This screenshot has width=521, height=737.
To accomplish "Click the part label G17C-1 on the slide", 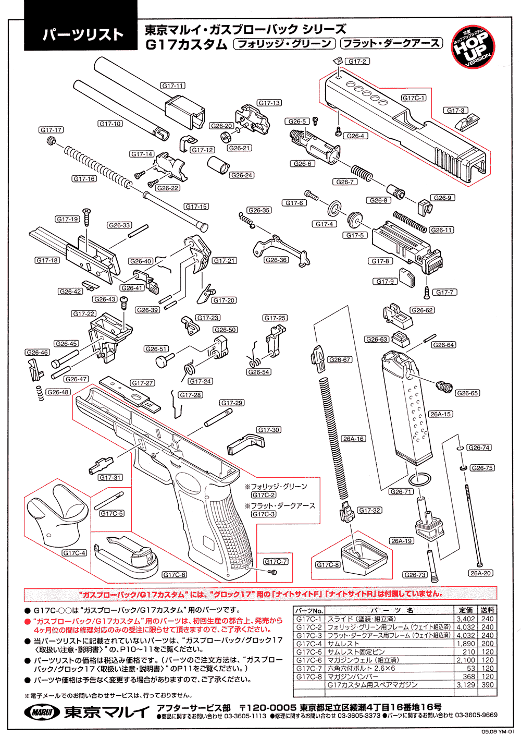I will pos(414,98).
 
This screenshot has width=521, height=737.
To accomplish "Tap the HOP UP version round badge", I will pos(473,48).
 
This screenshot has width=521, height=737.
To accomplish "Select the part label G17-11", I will pos(172,86).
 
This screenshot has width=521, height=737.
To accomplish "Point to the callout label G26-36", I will pos(276,260).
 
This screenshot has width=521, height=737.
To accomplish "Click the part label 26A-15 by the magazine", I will pos(440,414).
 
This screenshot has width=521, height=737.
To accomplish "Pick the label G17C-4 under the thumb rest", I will pos(74,553).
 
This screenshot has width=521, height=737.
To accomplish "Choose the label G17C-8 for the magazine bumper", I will pos(328,564).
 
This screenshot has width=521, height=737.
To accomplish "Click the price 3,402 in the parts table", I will pos(465,619).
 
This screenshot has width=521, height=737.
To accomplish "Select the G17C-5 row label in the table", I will pos(309,652).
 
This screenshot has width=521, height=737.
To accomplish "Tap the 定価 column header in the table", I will pos(466,610).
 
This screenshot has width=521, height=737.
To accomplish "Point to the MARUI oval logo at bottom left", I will pos(42,711).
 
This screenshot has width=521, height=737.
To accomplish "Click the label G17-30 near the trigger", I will pos(269,430).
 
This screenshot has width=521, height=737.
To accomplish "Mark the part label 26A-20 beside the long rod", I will pos(480,573).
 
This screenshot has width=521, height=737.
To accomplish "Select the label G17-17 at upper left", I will pos(51,130).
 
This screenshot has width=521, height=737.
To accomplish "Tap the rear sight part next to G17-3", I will pos(462,124).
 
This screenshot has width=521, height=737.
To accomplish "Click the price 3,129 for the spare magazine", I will pos(465,685).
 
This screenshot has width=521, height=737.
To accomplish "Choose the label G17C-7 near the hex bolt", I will pos(276,561).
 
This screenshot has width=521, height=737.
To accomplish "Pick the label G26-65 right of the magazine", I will pos(467,393).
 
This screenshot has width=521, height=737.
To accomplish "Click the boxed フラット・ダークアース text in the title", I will pos(391,44).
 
